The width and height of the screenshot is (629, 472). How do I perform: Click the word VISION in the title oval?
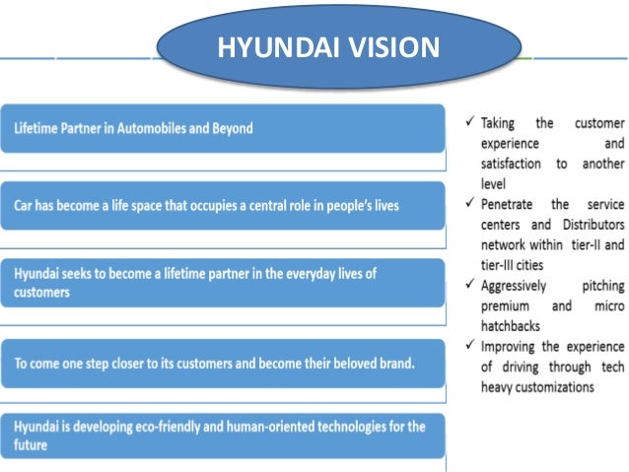390,46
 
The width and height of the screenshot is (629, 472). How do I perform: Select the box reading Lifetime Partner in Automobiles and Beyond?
221,128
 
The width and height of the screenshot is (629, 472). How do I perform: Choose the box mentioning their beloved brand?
221,363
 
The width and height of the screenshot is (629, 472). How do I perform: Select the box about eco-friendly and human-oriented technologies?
221,435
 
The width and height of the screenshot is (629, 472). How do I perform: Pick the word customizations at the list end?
556,386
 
